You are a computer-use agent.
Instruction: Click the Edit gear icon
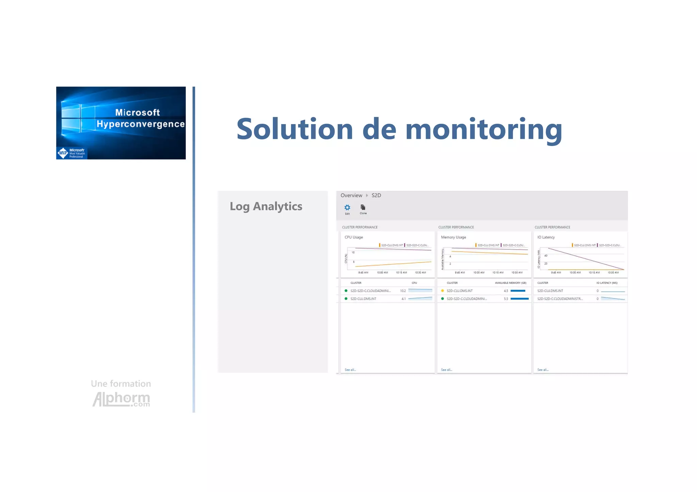point(347,207)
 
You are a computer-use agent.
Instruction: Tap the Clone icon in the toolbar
point(363,207)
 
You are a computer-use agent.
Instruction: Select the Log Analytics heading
point(266,206)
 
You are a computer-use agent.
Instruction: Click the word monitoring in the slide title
point(484,129)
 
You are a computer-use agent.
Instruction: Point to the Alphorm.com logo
point(121,398)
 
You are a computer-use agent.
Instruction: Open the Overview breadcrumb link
point(351,196)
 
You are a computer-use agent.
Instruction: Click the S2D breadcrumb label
point(376,196)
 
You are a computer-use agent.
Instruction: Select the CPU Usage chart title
point(354,237)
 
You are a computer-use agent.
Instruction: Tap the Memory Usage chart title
point(453,237)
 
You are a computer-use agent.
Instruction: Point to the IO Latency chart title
point(546,237)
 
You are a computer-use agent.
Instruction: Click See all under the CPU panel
point(350,370)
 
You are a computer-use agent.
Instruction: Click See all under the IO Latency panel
point(543,370)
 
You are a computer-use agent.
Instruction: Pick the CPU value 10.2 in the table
point(403,291)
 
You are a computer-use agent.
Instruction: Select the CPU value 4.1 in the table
point(403,299)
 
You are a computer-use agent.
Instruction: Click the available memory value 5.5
point(506,299)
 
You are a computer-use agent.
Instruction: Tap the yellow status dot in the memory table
point(442,291)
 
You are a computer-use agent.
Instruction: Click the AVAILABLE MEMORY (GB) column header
point(510,283)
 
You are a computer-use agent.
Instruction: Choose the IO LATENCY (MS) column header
point(607,283)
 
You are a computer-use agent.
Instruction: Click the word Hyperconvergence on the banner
point(141,124)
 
